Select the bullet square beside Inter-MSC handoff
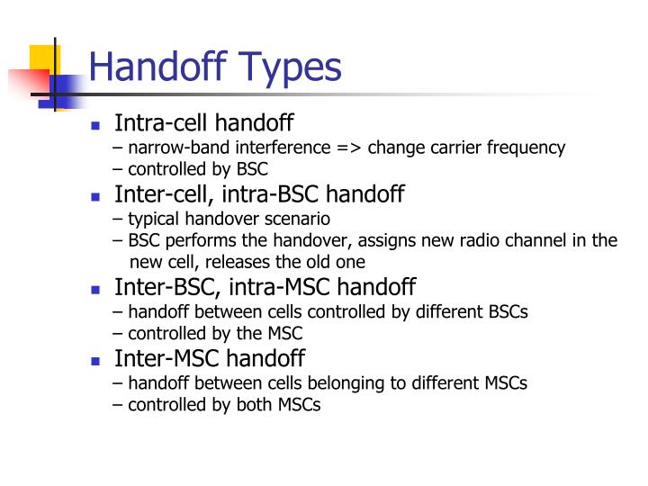pos(95,361)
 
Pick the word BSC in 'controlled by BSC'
pos(251,169)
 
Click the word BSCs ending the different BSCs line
pos(504,311)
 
